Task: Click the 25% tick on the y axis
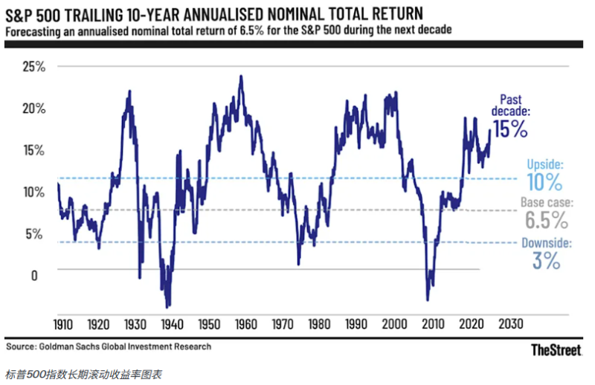33,67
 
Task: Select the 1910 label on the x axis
62,325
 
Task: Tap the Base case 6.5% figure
545,220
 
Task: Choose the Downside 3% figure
546,260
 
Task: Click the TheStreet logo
556,349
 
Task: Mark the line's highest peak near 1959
240,76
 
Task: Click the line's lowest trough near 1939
167,306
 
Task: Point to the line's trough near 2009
428,300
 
